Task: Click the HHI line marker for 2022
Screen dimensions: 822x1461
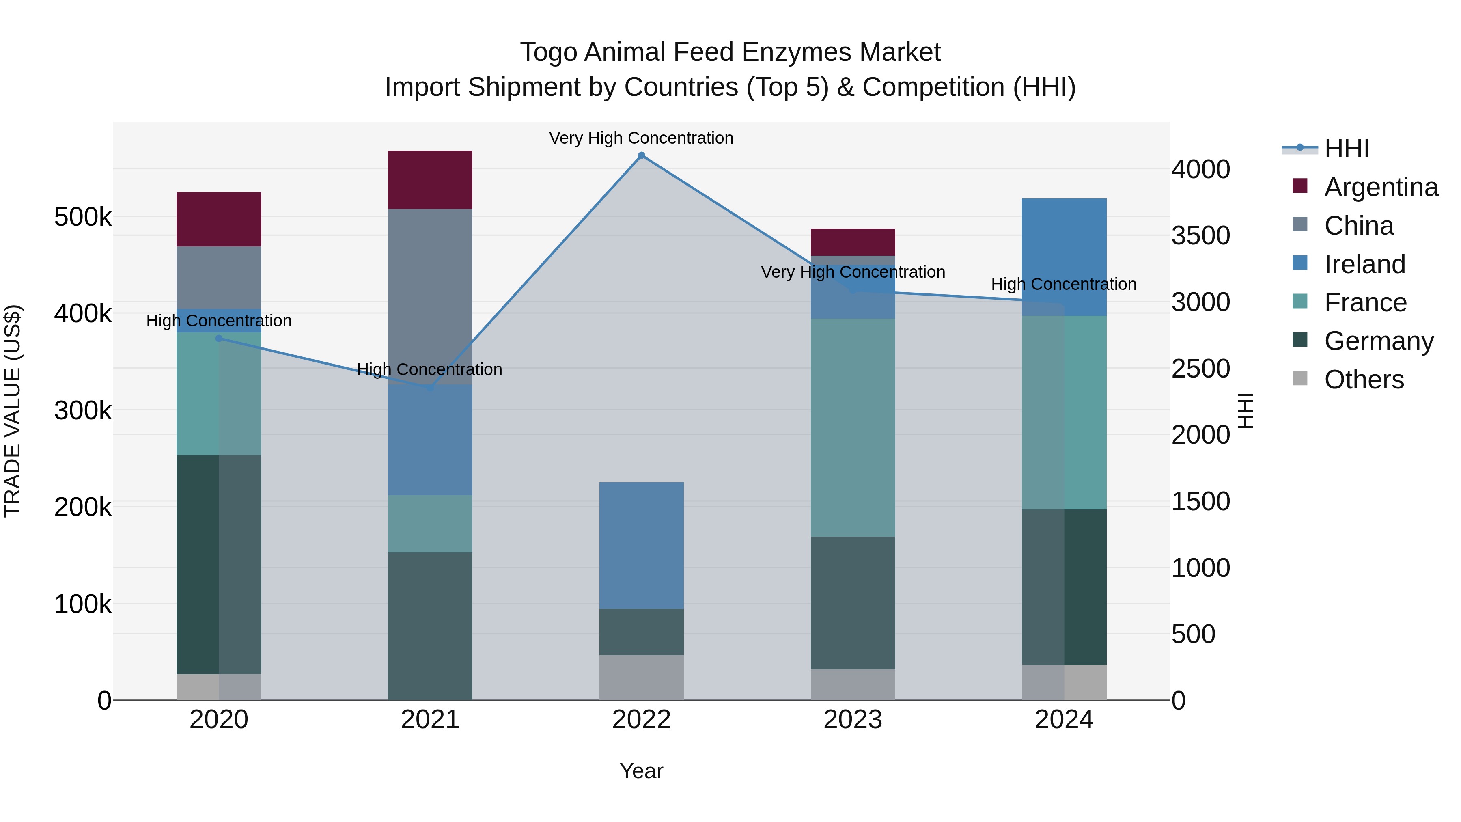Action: tap(642, 155)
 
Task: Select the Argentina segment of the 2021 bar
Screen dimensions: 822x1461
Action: tap(430, 180)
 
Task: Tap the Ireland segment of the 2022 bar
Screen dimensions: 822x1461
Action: tap(642, 545)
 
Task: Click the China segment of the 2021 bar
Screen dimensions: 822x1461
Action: tap(430, 296)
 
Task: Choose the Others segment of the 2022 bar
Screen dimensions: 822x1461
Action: tap(642, 677)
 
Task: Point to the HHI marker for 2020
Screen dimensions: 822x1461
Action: tap(219, 339)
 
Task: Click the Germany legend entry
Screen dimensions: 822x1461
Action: tap(1378, 341)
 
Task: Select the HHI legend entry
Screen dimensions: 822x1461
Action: tap(1347, 149)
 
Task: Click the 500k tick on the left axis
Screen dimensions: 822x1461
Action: tap(83, 217)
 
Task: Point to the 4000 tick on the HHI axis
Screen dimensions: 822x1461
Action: tap(1200, 169)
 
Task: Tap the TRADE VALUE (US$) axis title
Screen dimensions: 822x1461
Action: tap(13, 411)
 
